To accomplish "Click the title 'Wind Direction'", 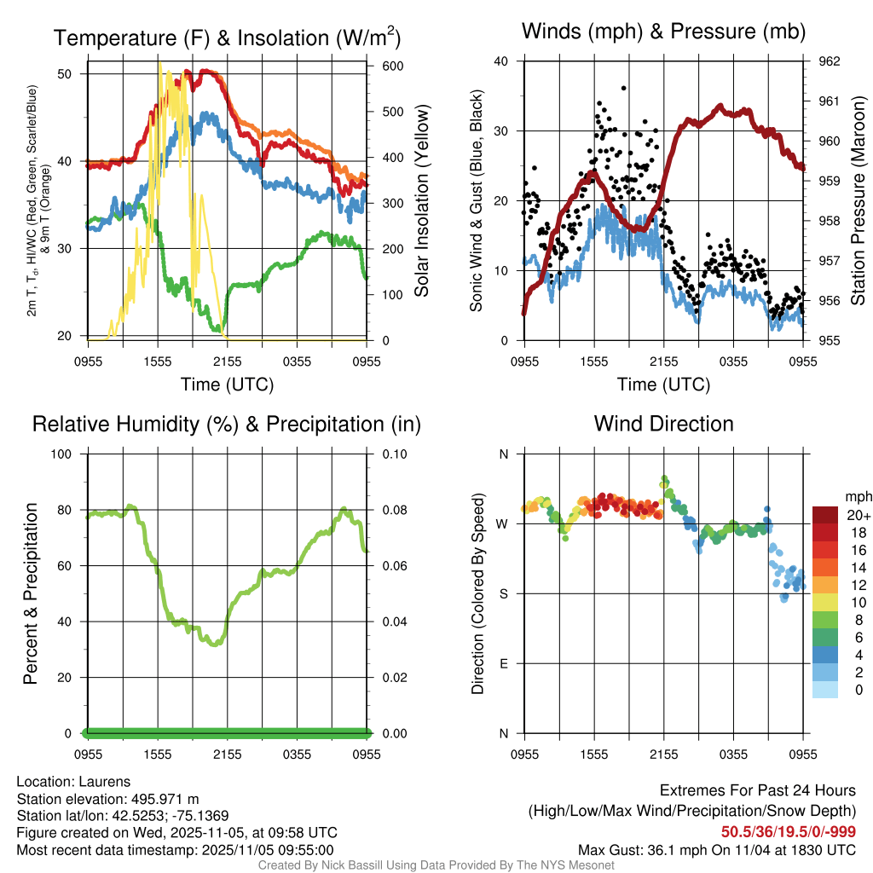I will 663,424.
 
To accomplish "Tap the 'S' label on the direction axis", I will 503,594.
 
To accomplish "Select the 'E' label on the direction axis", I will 503,664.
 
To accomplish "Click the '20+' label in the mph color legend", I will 857,515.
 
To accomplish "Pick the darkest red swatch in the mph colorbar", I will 824,515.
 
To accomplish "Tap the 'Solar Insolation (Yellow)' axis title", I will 421,201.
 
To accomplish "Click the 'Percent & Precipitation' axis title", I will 30,593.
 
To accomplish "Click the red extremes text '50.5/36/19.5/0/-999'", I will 789,832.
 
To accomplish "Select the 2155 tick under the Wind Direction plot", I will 663,754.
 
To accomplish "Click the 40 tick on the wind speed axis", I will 501,61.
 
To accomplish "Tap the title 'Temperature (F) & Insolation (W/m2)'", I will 227,38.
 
